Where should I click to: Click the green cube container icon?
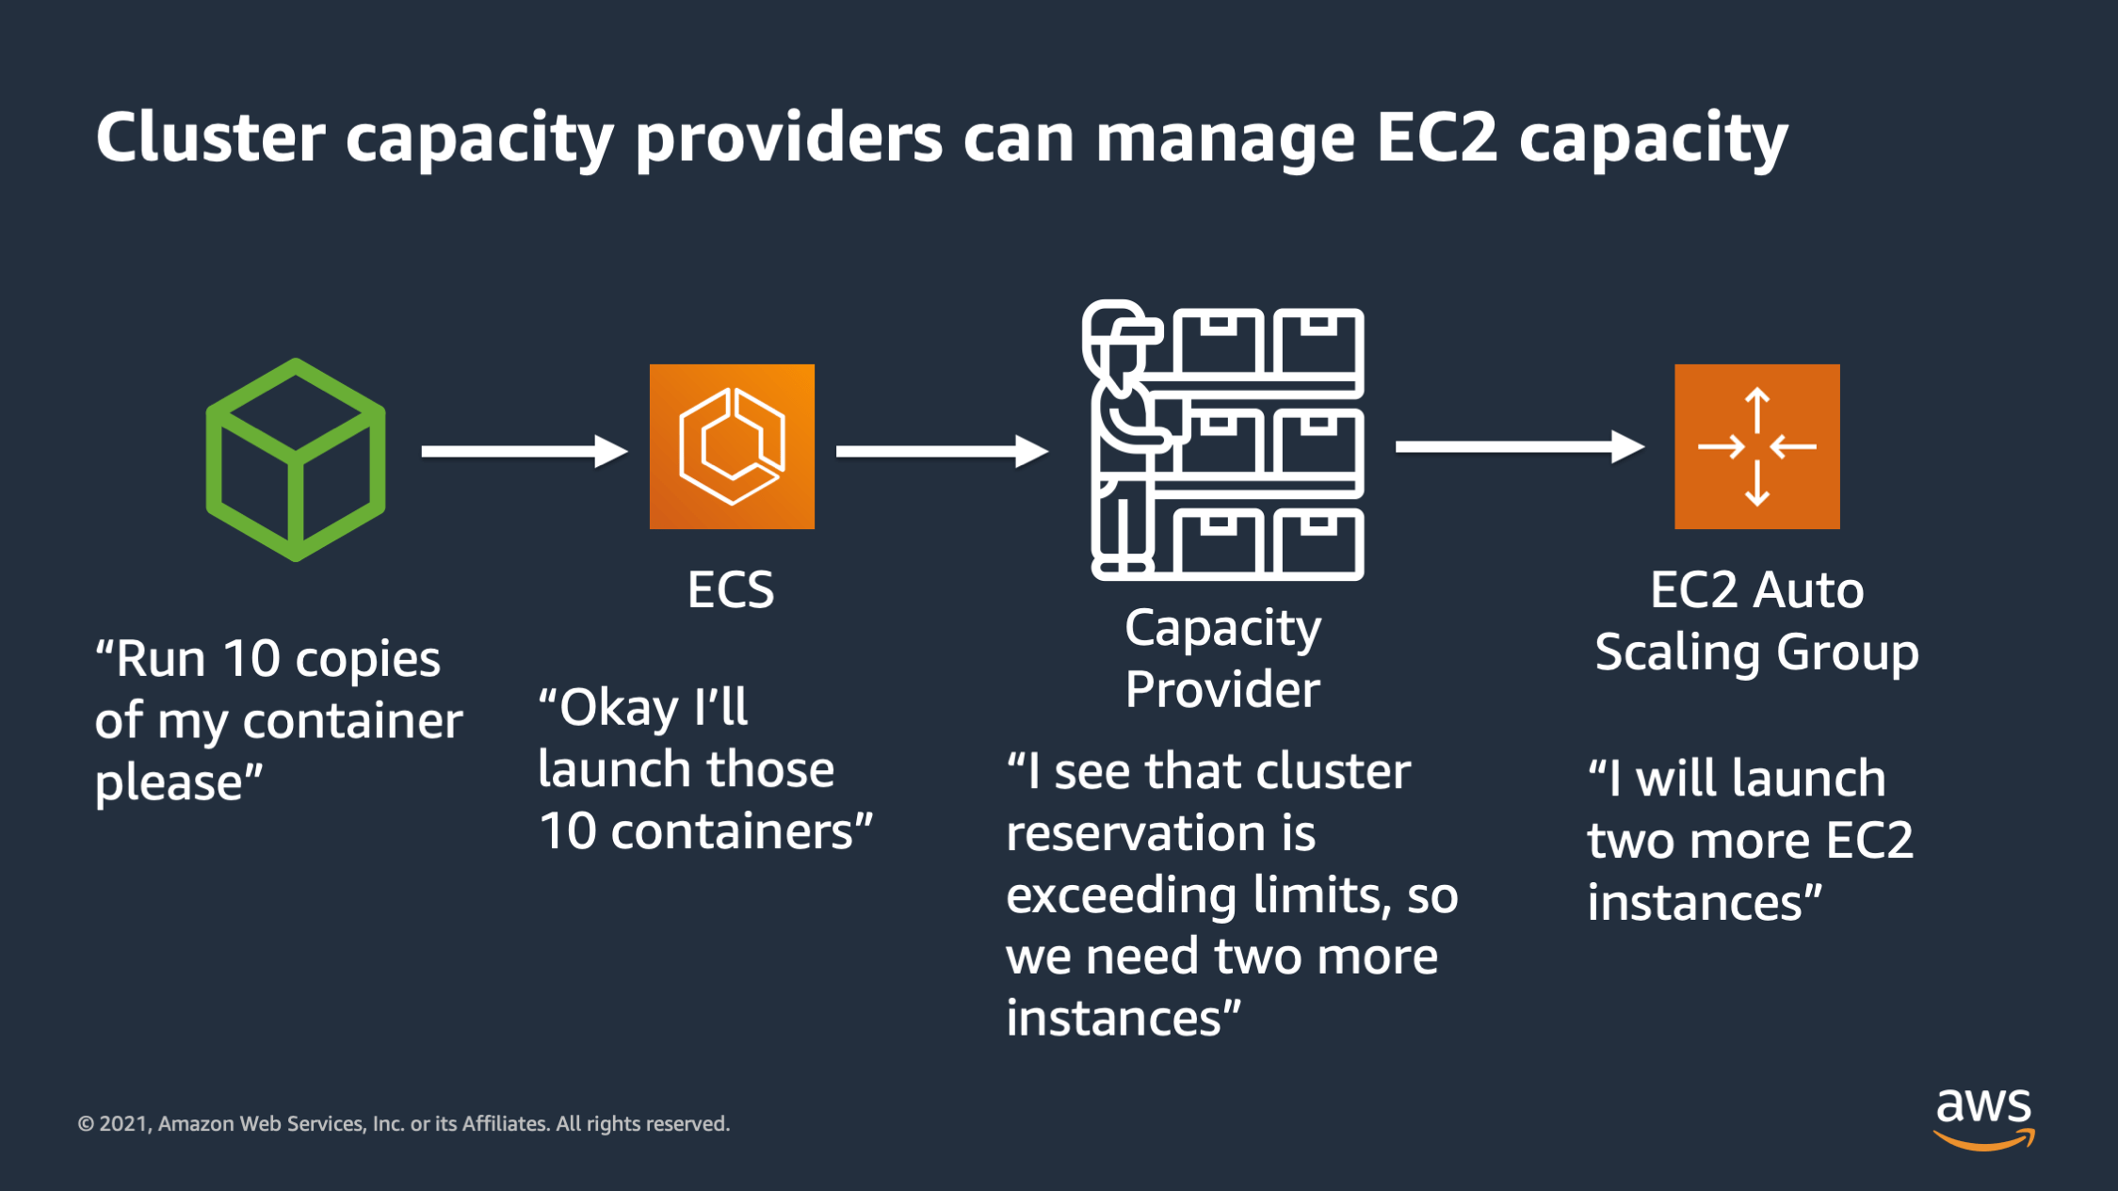(x=296, y=459)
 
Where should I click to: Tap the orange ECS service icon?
(x=732, y=446)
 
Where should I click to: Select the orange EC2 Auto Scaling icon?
(x=1756, y=446)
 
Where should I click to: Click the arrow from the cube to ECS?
(x=524, y=451)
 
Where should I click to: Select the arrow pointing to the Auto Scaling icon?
(x=1519, y=446)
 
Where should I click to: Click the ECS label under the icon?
(x=731, y=590)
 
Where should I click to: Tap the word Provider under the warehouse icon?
(x=1222, y=689)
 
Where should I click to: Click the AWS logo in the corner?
(x=1983, y=1118)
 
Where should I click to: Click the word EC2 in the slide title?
(x=1437, y=137)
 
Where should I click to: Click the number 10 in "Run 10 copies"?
(x=251, y=658)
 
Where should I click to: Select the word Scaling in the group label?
(x=1671, y=653)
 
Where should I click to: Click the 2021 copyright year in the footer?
(x=123, y=1124)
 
